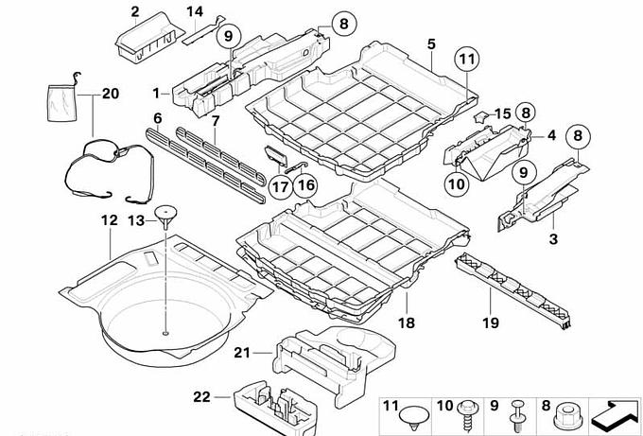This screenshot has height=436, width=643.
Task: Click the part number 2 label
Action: pos(135,11)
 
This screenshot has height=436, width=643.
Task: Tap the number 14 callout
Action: pos(194,11)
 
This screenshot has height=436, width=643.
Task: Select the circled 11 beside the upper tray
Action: pos(464,59)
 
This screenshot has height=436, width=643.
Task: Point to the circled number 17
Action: pos(280,186)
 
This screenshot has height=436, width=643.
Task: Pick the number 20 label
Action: pos(111,95)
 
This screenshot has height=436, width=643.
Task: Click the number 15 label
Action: pos(501,114)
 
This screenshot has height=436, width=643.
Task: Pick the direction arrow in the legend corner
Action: pos(612,412)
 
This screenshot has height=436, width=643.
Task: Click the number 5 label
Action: pos(431,44)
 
